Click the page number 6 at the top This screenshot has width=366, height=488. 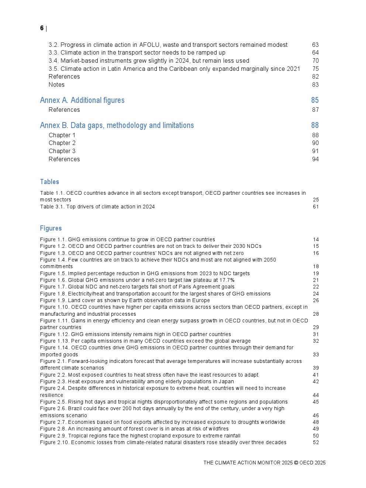coord(42,28)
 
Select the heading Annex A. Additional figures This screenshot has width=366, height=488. coord(82,100)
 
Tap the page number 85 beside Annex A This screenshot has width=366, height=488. coord(315,100)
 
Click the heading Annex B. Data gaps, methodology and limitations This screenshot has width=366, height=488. coord(117,125)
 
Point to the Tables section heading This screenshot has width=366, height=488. coord(49,182)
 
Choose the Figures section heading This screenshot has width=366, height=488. coord(51,228)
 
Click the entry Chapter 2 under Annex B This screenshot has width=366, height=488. coord(62,143)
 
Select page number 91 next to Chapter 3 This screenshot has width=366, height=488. coord(315,151)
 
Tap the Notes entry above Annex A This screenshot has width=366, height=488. coord(56,85)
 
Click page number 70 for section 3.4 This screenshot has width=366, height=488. coord(315,61)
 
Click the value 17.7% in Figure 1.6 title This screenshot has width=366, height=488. coord(227,280)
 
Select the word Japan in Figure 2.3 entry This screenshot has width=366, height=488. coord(226,382)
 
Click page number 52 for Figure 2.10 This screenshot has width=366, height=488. coord(316,443)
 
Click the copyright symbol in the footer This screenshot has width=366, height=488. coord(296,463)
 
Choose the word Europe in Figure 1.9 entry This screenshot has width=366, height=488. coord(201,301)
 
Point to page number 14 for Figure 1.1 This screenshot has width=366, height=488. coord(316,240)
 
